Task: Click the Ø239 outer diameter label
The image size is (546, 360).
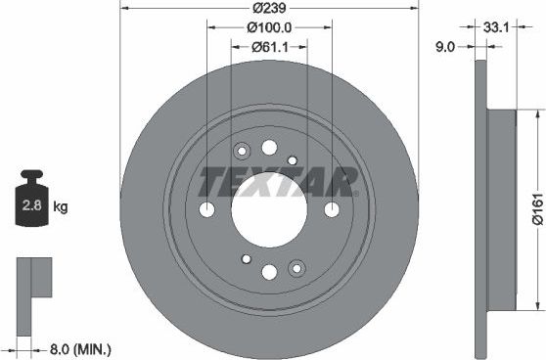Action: (x=269, y=8)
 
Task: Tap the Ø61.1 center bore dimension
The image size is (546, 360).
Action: (x=269, y=46)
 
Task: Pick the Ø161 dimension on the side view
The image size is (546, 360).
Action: (x=536, y=207)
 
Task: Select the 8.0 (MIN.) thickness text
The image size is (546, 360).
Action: (x=79, y=347)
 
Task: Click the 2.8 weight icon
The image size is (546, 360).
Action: (x=31, y=202)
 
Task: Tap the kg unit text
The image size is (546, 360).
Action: (x=61, y=206)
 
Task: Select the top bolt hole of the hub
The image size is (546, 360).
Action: (x=269, y=148)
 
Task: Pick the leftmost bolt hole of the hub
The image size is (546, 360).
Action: (x=206, y=209)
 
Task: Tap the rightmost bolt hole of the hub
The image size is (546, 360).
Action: (x=332, y=209)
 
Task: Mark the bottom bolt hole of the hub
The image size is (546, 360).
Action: (x=269, y=272)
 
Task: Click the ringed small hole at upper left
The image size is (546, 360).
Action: (x=243, y=151)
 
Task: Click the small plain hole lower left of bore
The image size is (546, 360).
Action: (x=247, y=258)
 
